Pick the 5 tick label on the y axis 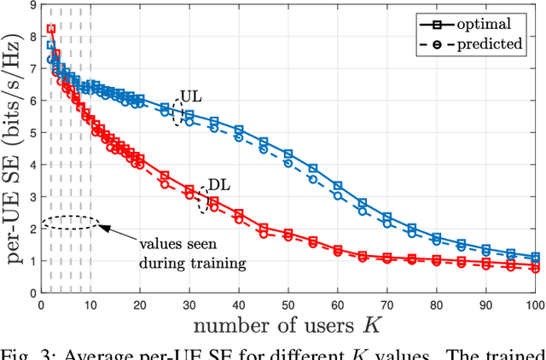point(32,133)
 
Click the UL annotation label point(190,98)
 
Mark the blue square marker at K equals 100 point(536,257)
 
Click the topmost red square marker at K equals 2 point(50,29)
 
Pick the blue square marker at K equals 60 point(338,185)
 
